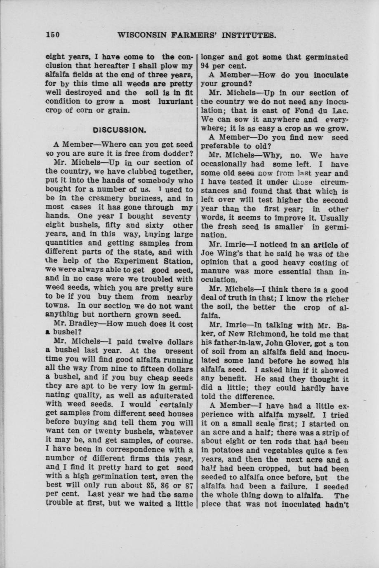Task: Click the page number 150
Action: coord(53,35)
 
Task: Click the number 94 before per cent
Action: coord(206,66)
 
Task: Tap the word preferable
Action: coord(221,146)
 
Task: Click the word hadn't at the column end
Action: coord(337,504)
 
